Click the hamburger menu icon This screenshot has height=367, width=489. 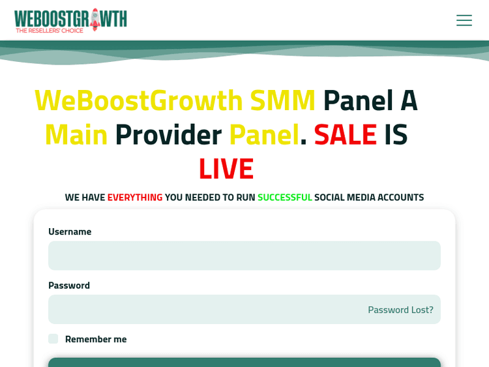[464, 20]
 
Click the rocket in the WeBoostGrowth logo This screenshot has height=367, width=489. [95, 19]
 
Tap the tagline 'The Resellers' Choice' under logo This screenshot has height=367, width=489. [50, 30]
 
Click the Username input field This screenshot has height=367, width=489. [244, 256]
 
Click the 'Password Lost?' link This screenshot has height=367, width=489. [400, 310]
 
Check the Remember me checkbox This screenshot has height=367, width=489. [53, 338]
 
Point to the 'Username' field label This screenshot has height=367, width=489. [70, 231]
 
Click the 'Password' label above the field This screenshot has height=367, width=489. [69, 285]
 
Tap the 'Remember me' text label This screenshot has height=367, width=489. [96, 339]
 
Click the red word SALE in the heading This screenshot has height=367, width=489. [345, 134]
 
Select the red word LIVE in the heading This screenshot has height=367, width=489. [226, 168]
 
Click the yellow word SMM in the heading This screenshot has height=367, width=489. [282, 100]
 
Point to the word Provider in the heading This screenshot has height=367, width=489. [168, 134]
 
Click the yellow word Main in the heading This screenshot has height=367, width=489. [76, 134]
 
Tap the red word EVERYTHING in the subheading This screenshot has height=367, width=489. [135, 197]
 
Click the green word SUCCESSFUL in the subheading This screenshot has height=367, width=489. [284, 197]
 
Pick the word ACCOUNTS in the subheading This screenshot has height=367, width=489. [397, 197]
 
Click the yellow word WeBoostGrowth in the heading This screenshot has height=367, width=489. [139, 100]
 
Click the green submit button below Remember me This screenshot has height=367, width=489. [244, 362]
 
